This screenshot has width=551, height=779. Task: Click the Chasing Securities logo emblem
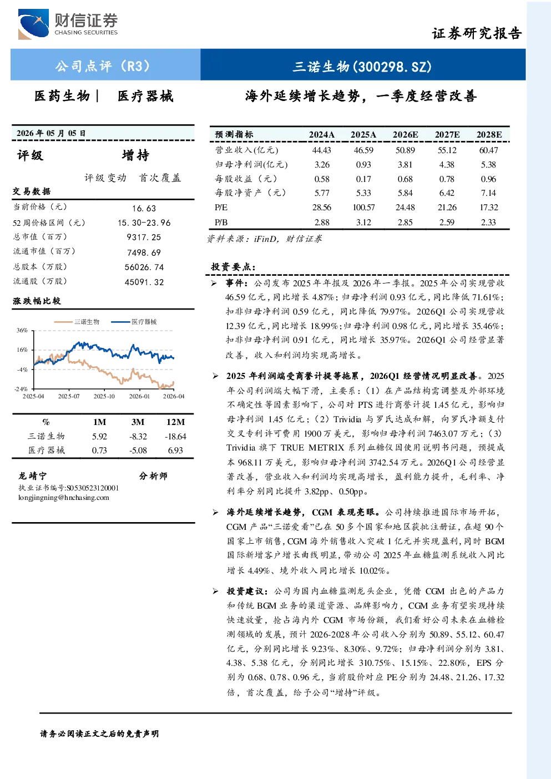pyautogui.click(x=33, y=24)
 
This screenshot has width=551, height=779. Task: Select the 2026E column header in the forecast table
pyautogui.click(x=405, y=135)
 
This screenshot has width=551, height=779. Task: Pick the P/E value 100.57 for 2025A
pyautogui.click(x=363, y=208)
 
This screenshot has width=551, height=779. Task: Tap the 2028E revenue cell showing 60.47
pyautogui.click(x=488, y=150)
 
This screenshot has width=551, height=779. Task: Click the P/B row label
pyautogui.click(x=221, y=222)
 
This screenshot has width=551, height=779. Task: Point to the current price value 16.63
pyautogui.click(x=144, y=208)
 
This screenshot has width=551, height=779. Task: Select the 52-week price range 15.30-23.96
pyautogui.click(x=144, y=223)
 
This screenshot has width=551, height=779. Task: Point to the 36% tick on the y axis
pyautogui.click(x=22, y=330)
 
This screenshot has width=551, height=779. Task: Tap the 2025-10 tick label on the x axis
pyautogui.click(x=104, y=396)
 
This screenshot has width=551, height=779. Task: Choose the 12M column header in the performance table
pyautogui.click(x=175, y=422)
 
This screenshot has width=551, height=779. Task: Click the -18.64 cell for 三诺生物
pyautogui.click(x=175, y=437)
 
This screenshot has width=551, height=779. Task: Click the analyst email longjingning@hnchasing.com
pyautogui.click(x=64, y=498)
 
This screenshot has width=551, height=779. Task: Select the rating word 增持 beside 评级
pyautogui.click(x=135, y=155)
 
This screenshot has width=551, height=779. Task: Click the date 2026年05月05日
pyautogui.click(x=51, y=133)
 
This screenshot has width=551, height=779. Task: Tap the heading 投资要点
pyautogui.click(x=233, y=267)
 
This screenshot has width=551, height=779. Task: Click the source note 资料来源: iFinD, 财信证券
pyautogui.click(x=264, y=239)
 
